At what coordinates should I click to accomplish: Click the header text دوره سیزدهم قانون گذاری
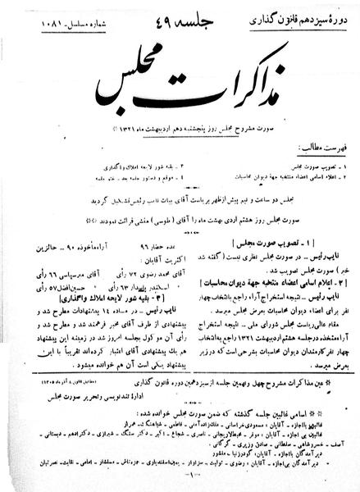tap(309, 14)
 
